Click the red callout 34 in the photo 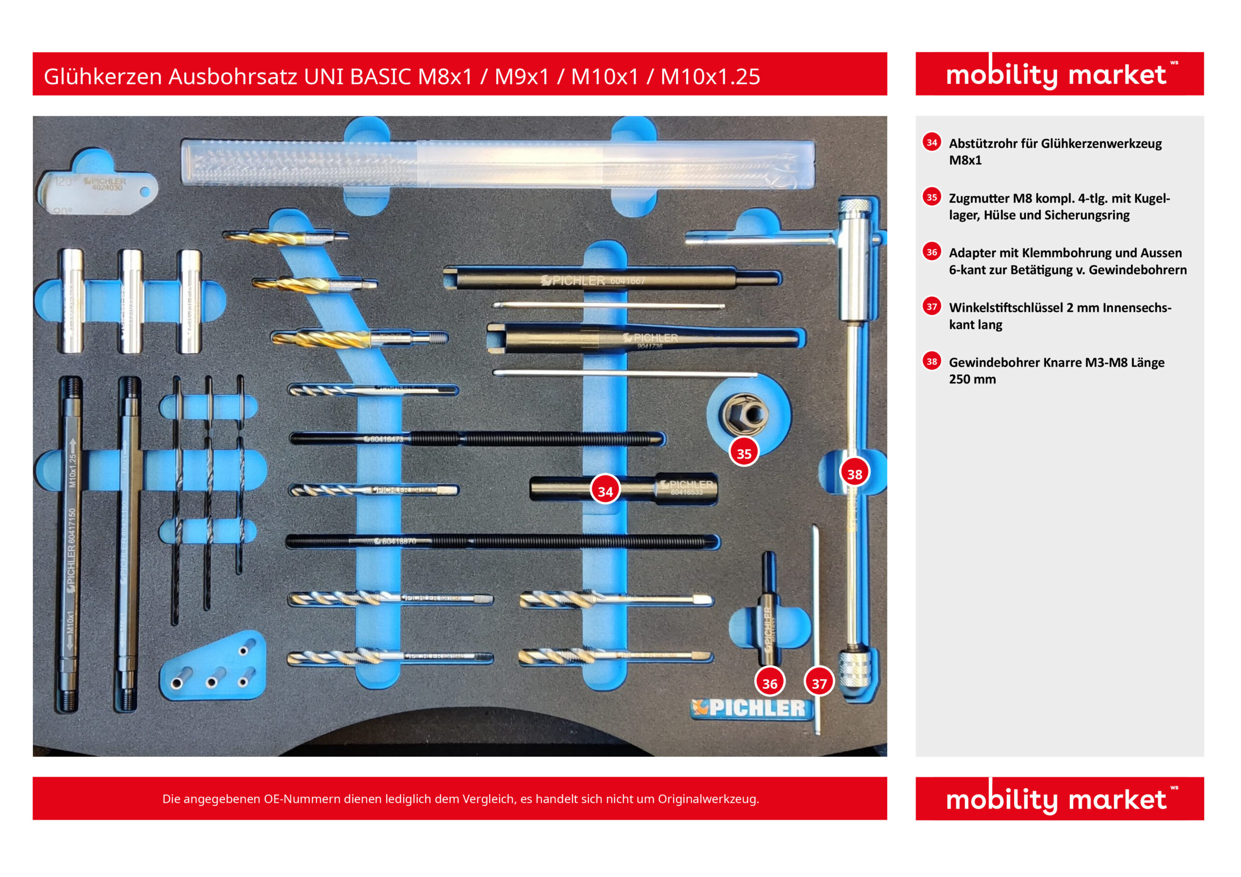pyautogui.click(x=605, y=491)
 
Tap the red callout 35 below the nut pyautogui.click(x=744, y=453)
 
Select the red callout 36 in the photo pyautogui.click(x=770, y=683)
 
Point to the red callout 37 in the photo pyautogui.click(x=819, y=683)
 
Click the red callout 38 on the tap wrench pyautogui.click(x=854, y=474)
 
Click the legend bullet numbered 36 pyautogui.click(x=931, y=252)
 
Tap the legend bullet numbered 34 pyautogui.click(x=931, y=143)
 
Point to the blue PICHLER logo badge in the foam pyautogui.click(x=751, y=708)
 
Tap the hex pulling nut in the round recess pyautogui.click(x=744, y=414)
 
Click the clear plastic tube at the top pyautogui.click(x=497, y=164)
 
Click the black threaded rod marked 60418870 pyautogui.click(x=503, y=541)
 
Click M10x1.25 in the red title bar pyautogui.click(x=710, y=77)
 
